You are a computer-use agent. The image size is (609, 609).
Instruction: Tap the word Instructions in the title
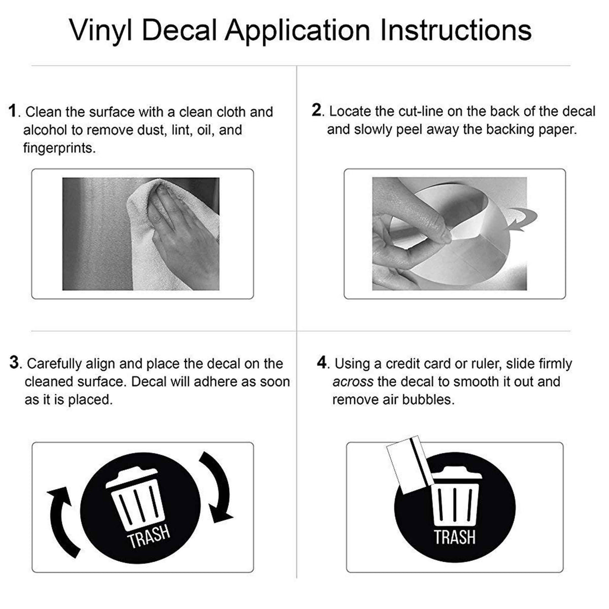[x=456, y=30]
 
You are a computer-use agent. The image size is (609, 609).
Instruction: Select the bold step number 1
[x=14, y=111]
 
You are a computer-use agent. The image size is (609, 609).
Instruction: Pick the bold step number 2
[x=317, y=111]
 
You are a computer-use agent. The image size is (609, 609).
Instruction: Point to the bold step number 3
[x=15, y=363]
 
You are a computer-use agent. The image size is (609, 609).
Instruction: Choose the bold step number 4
[x=322, y=363]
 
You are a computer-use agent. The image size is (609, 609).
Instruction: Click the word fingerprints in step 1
[x=59, y=148]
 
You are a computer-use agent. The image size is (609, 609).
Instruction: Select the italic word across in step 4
[x=353, y=382]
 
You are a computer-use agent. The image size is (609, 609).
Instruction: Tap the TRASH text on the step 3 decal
[x=149, y=537]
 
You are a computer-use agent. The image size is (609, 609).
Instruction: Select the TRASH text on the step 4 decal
[x=454, y=536]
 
